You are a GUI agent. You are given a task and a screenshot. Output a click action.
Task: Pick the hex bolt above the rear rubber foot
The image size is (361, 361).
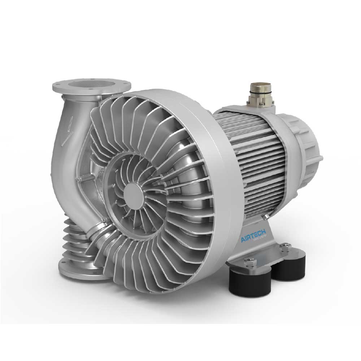(284, 247)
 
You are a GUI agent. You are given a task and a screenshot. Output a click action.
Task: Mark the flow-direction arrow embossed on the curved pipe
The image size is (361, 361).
(69, 130)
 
